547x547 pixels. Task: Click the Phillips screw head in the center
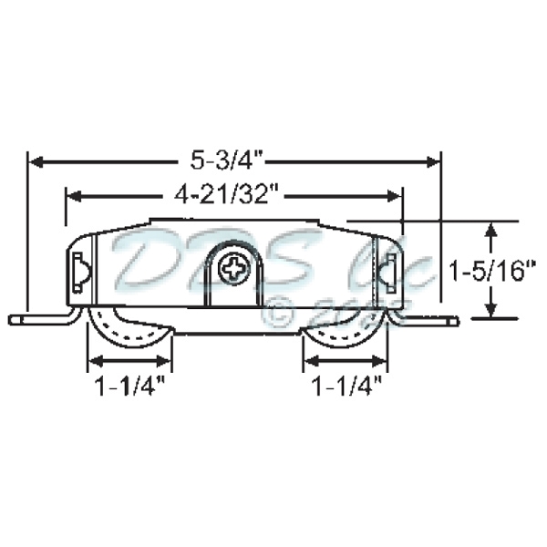click(234, 269)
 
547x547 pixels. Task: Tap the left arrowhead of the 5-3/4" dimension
click(36, 161)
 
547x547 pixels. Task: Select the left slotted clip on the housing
click(80, 272)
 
